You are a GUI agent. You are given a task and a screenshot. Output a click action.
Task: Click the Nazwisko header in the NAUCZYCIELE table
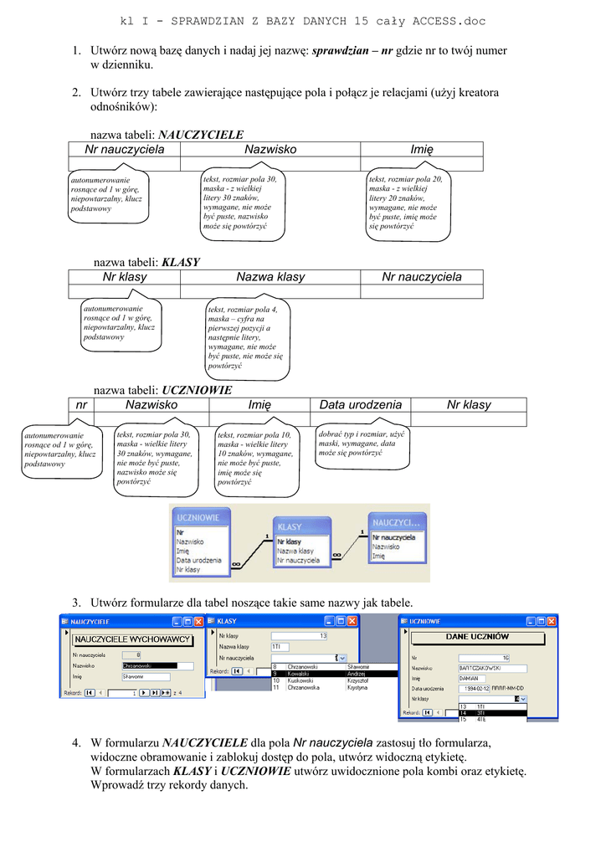click(270, 150)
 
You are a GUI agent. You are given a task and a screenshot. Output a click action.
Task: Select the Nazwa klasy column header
click(270, 277)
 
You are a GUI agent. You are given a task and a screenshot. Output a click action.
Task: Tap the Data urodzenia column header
click(361, 405)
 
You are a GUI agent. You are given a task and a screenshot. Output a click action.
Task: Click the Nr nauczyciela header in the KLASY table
click(421, 277)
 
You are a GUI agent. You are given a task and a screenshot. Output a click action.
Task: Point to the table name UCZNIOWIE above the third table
click(197, 390)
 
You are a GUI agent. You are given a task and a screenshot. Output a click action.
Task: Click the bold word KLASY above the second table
click(181, 262)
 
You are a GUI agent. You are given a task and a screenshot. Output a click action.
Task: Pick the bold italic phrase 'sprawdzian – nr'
click(352, 50)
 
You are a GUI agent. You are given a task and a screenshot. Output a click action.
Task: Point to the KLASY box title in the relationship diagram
click(290, 527)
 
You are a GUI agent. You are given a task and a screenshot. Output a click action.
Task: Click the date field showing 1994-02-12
click(475, 688)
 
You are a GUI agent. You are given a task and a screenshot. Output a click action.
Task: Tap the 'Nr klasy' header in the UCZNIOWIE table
click(469, 405)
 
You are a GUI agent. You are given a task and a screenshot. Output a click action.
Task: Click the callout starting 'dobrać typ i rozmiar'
click(362, 444)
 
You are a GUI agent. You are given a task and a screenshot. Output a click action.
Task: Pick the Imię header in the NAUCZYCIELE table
click(422, 150)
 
